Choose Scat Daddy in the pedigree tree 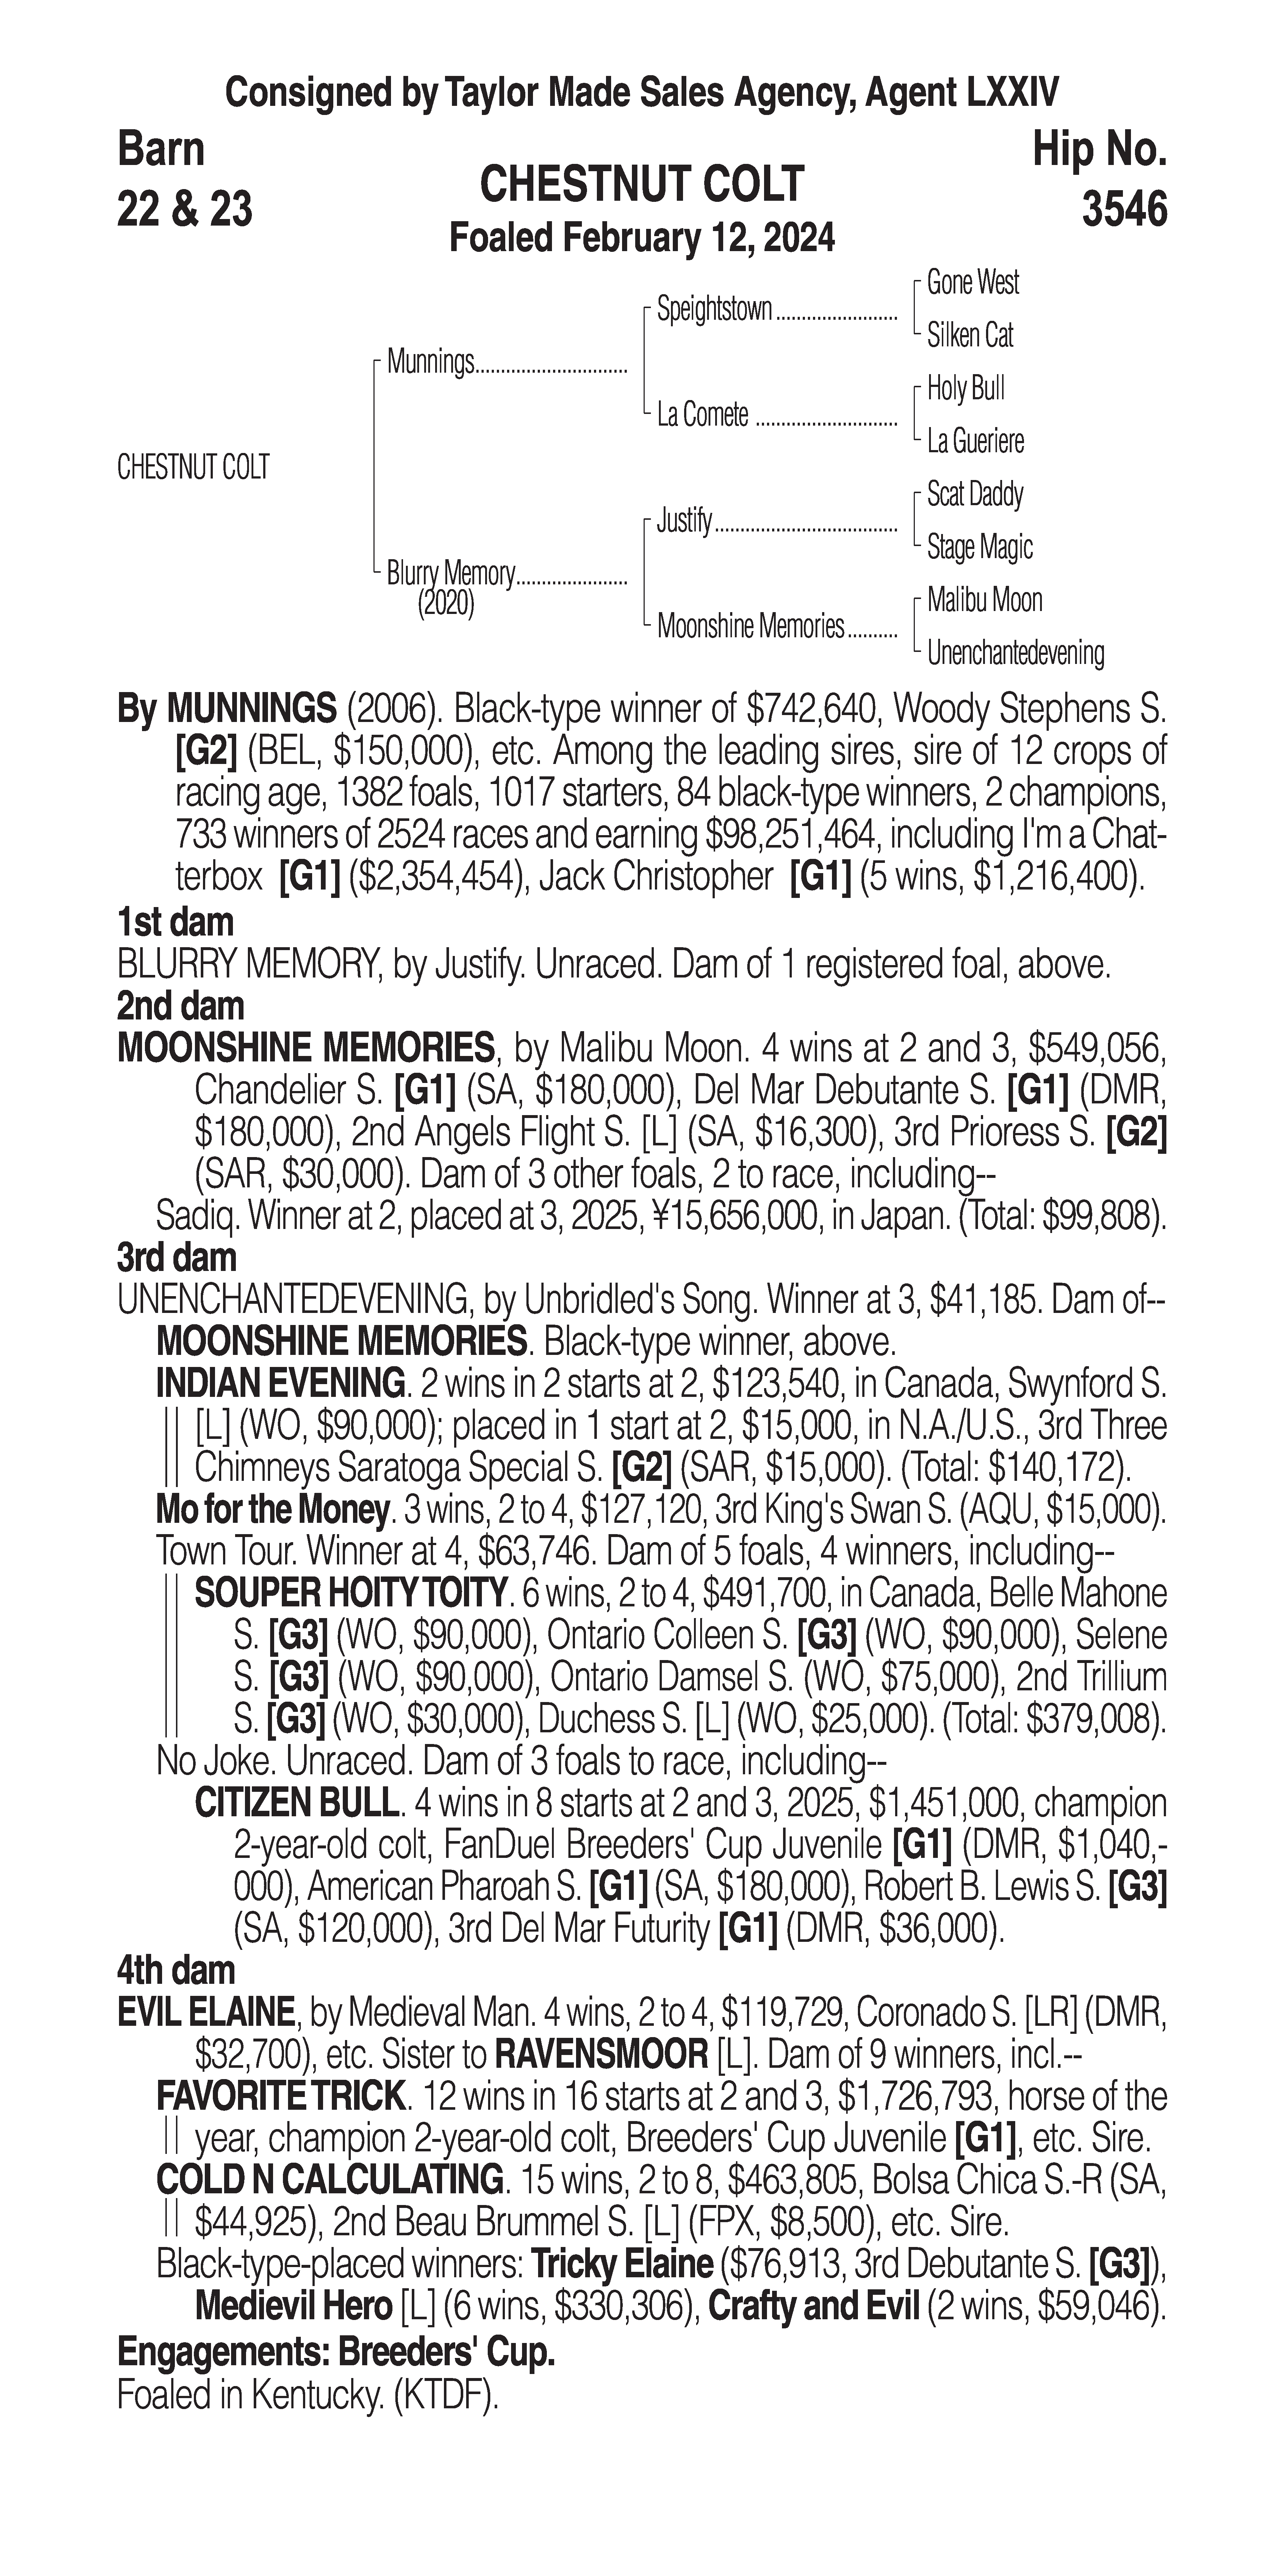point(974,494)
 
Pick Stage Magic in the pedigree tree point(979,547)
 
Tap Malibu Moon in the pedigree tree point(984,600)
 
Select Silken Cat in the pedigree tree point(969,336)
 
